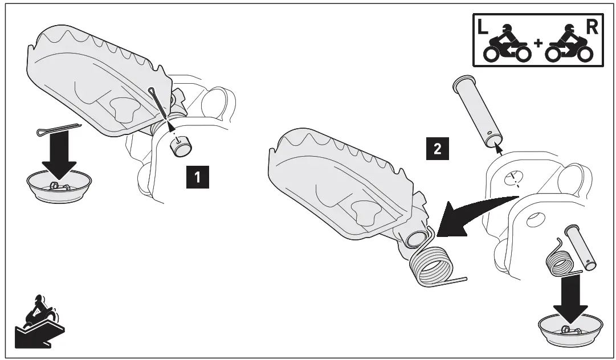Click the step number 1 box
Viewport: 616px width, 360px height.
coord(198,178)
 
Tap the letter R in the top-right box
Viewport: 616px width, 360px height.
coord(591,28)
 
